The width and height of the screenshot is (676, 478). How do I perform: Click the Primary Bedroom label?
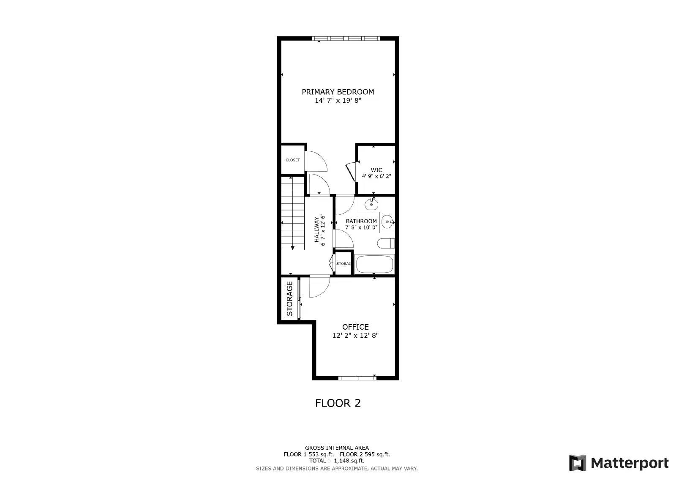338,92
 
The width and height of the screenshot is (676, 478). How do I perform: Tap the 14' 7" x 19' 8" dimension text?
338,101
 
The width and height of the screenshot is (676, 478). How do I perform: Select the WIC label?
376,170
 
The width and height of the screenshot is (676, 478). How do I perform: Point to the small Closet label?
293,160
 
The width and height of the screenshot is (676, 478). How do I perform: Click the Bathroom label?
361,221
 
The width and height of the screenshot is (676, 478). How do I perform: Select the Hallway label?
316,230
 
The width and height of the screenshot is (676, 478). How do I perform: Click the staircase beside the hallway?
293,213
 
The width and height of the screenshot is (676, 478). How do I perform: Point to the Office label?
355,327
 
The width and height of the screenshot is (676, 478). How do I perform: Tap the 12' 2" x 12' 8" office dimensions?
355,336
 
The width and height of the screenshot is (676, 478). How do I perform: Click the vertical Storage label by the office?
290,298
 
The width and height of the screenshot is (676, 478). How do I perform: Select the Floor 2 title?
338,403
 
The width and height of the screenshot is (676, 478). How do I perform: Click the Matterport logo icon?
578,463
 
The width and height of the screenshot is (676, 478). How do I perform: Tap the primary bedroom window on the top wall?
346,38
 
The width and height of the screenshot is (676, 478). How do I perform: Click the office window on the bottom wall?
357,378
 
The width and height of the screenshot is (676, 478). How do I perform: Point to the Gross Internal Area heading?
337,448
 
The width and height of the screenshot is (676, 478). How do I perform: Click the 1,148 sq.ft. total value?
349,461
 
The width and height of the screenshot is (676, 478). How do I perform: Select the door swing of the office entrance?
319,287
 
